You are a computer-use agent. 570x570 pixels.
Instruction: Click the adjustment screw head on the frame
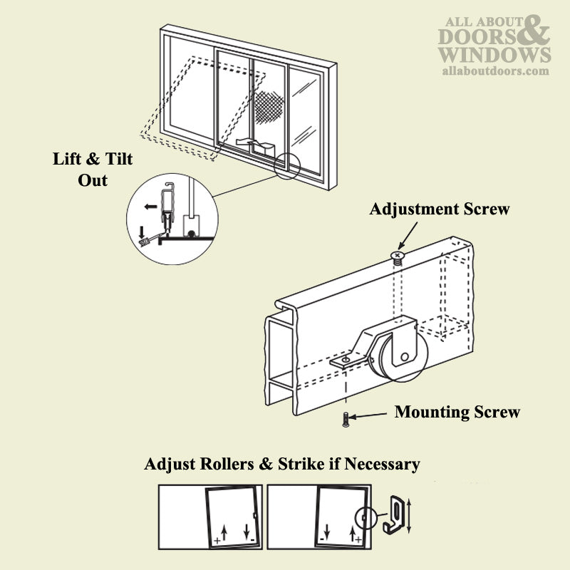tap(398, 255)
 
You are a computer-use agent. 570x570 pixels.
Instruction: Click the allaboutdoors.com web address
tap(496, 71)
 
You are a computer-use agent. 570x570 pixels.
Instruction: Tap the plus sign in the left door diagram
tap(217, 541)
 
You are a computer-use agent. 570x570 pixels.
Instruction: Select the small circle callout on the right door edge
tap(363, 516)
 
